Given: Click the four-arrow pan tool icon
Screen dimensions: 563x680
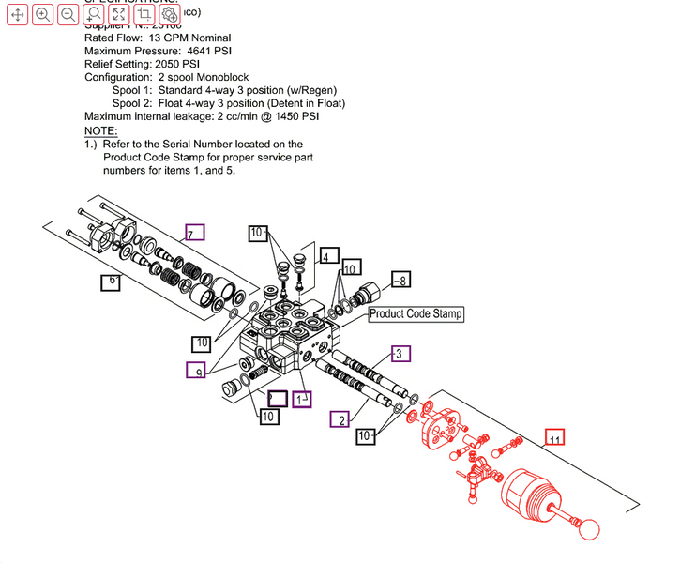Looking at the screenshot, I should point(18,15).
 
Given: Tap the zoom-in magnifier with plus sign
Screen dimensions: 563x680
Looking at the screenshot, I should point(43,15).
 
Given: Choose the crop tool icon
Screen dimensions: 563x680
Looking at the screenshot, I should point(144,15).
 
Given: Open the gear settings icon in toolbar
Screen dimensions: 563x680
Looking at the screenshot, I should point(170,15).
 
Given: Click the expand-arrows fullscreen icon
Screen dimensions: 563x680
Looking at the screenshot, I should point(119,15).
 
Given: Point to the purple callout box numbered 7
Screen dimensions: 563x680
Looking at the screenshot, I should point(194,234).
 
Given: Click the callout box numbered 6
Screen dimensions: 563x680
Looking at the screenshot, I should point(111,281).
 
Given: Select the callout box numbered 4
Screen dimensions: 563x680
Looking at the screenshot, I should point(327,256).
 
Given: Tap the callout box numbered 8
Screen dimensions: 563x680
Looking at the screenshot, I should point(400,280).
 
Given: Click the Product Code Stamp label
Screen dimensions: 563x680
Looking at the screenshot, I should point(416,314).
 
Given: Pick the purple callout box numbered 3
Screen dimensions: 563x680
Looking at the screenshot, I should point(400,354).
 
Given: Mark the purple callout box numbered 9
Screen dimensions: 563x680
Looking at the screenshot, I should point(196,371).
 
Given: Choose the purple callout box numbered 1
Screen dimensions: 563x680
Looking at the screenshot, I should point(302,400).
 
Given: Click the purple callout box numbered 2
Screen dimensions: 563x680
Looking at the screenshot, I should point(340,418).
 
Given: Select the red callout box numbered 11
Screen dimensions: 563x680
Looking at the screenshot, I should point(556,439).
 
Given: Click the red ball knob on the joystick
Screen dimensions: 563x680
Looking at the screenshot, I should point(587,528).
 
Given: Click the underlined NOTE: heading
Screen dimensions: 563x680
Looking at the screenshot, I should point(100,130).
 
